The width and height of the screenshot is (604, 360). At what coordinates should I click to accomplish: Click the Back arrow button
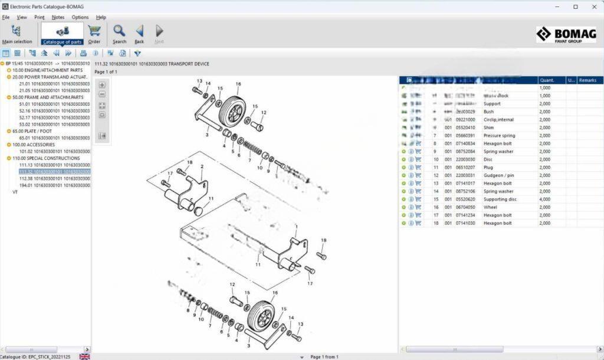139,34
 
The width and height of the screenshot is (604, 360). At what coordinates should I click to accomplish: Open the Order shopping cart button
94,34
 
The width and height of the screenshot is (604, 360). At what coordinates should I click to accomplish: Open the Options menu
80,17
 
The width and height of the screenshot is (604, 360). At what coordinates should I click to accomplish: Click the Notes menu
58,17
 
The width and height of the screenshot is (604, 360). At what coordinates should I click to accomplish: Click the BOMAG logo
566,35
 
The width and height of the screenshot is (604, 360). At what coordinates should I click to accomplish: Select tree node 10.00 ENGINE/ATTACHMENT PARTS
48,70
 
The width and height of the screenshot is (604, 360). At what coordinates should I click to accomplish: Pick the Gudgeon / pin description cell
498,175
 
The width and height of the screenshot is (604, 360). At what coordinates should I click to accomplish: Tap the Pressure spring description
499,135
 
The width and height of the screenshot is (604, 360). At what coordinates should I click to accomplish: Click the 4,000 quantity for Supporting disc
544,199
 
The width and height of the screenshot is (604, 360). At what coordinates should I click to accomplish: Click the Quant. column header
547,80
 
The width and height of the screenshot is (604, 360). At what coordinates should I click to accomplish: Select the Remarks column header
587,80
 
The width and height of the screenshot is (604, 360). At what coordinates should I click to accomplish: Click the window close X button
592,6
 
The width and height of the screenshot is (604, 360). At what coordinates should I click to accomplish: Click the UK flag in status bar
84,356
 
